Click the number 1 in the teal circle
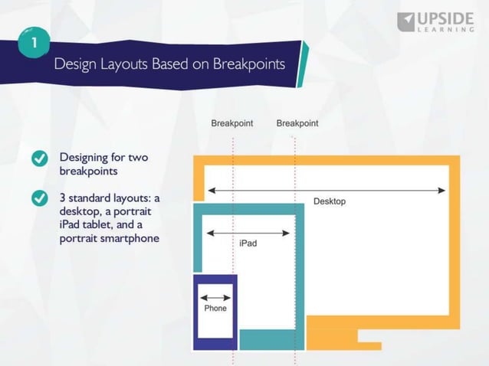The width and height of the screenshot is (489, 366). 34,42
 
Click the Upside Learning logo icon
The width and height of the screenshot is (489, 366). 405,21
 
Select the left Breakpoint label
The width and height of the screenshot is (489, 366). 232,123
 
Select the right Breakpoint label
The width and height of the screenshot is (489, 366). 297,123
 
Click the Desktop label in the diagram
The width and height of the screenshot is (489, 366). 330,201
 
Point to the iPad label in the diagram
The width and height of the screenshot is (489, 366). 248,243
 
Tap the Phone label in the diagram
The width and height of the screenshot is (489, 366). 215,309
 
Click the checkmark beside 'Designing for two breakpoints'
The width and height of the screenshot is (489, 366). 40,158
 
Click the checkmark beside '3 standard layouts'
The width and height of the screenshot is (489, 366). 40,198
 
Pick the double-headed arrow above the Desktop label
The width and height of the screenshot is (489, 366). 326,190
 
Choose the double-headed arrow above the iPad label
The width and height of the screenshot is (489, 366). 248,233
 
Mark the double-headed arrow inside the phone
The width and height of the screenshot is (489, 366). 215,298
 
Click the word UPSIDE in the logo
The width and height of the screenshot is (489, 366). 448,18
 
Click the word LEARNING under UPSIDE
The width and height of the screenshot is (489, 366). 448,30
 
